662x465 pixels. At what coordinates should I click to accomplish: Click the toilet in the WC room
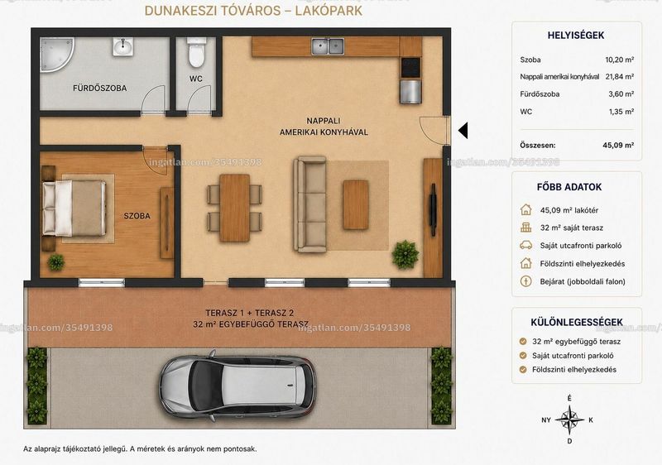pos(197,52)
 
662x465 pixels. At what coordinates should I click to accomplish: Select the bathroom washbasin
pos(122,46)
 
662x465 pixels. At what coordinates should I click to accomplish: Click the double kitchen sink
pos(327,46)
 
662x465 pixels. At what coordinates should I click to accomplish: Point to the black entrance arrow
pos(463,131)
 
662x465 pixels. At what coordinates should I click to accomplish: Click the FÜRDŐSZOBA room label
pos(99,89)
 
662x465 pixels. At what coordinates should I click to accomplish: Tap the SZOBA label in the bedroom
pos(137,216)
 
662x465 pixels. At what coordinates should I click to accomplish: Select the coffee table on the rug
pos(356,204)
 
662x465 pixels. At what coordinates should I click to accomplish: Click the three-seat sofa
pos(310,204)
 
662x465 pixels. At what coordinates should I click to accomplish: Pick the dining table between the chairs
pos(235,208)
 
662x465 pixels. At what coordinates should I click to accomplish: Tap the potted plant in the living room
pos(405,255)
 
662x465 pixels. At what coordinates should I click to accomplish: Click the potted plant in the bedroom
pos(55,262)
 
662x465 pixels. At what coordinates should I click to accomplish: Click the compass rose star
pos(569,419)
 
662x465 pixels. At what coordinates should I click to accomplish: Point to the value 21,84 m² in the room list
pos(619,76)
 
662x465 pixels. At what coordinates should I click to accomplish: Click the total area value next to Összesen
pos(618,145)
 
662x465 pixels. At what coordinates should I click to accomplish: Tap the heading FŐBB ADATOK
pos(569,187)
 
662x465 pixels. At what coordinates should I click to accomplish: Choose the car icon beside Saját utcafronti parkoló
pos(526,245)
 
